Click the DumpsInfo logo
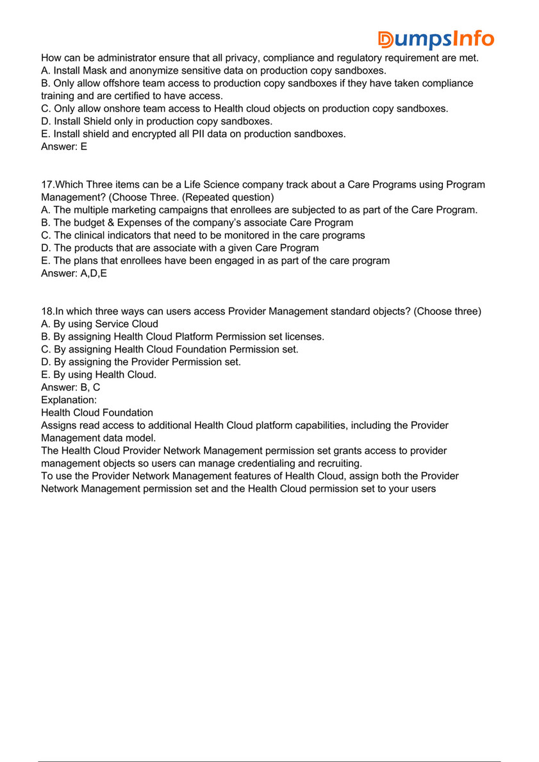coord(436,39)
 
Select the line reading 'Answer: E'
coord(64,147)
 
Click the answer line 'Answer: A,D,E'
coord(74,274)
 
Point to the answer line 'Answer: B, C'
coord(70,387)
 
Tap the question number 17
coord(47,185)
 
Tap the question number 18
coord(47,311)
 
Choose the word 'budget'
coord(88,223)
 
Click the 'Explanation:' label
coord(69,400)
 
